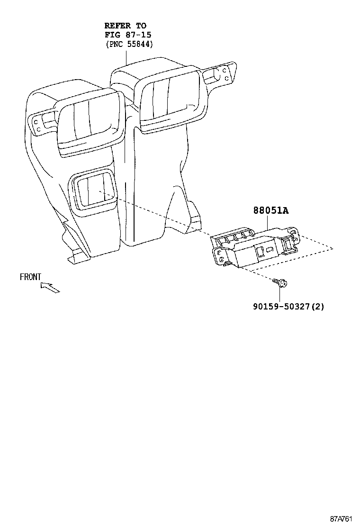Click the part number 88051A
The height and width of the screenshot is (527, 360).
pos(270,210)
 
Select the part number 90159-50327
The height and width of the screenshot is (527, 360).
pos(281,306)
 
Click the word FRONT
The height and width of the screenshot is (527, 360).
pos(30,277)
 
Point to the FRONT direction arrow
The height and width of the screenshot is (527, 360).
pos(50,287)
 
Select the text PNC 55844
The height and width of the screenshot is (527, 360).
pos(129,45)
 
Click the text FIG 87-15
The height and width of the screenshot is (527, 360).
pos(127,35)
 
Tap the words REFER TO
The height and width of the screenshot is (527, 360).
pos(125,26)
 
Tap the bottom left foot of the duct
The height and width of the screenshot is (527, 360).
pos(79,256)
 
